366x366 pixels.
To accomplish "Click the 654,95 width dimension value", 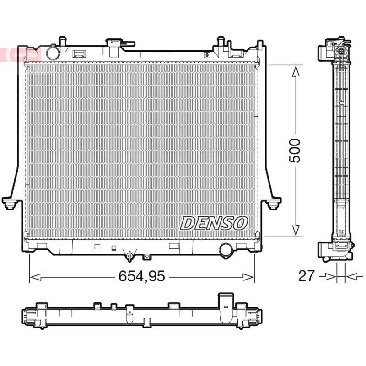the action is tap(142, 276).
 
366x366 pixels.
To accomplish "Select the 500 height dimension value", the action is tap(295, 151).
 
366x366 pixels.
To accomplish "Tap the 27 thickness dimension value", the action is tap(307, 276).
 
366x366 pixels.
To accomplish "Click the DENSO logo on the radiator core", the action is tap(214, 223).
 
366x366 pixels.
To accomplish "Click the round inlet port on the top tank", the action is tap(53, 53).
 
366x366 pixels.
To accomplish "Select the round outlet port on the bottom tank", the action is tap(226, 250).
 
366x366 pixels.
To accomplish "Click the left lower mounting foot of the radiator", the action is tap(10, 203).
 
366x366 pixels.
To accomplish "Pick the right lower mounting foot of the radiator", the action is tap(273, 203).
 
